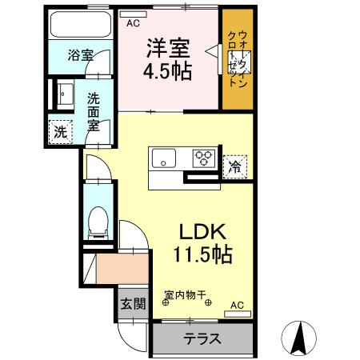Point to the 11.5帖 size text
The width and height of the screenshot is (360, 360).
point(202,256)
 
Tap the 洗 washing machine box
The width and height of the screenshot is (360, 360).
point(60,132)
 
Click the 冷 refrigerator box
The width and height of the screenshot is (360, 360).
point(234,166)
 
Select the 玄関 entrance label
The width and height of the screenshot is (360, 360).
point(132,305)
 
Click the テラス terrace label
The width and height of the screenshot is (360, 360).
point(202,338)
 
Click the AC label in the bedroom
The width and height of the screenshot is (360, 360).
point(132,24)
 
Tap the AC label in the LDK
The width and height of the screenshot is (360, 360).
point(238,306)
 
